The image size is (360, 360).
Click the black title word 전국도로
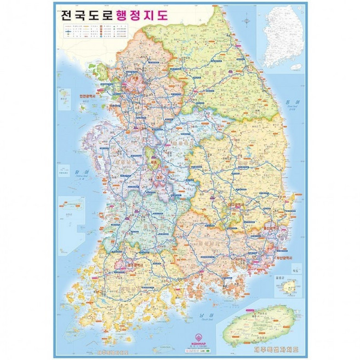click(x=85, y=15)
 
